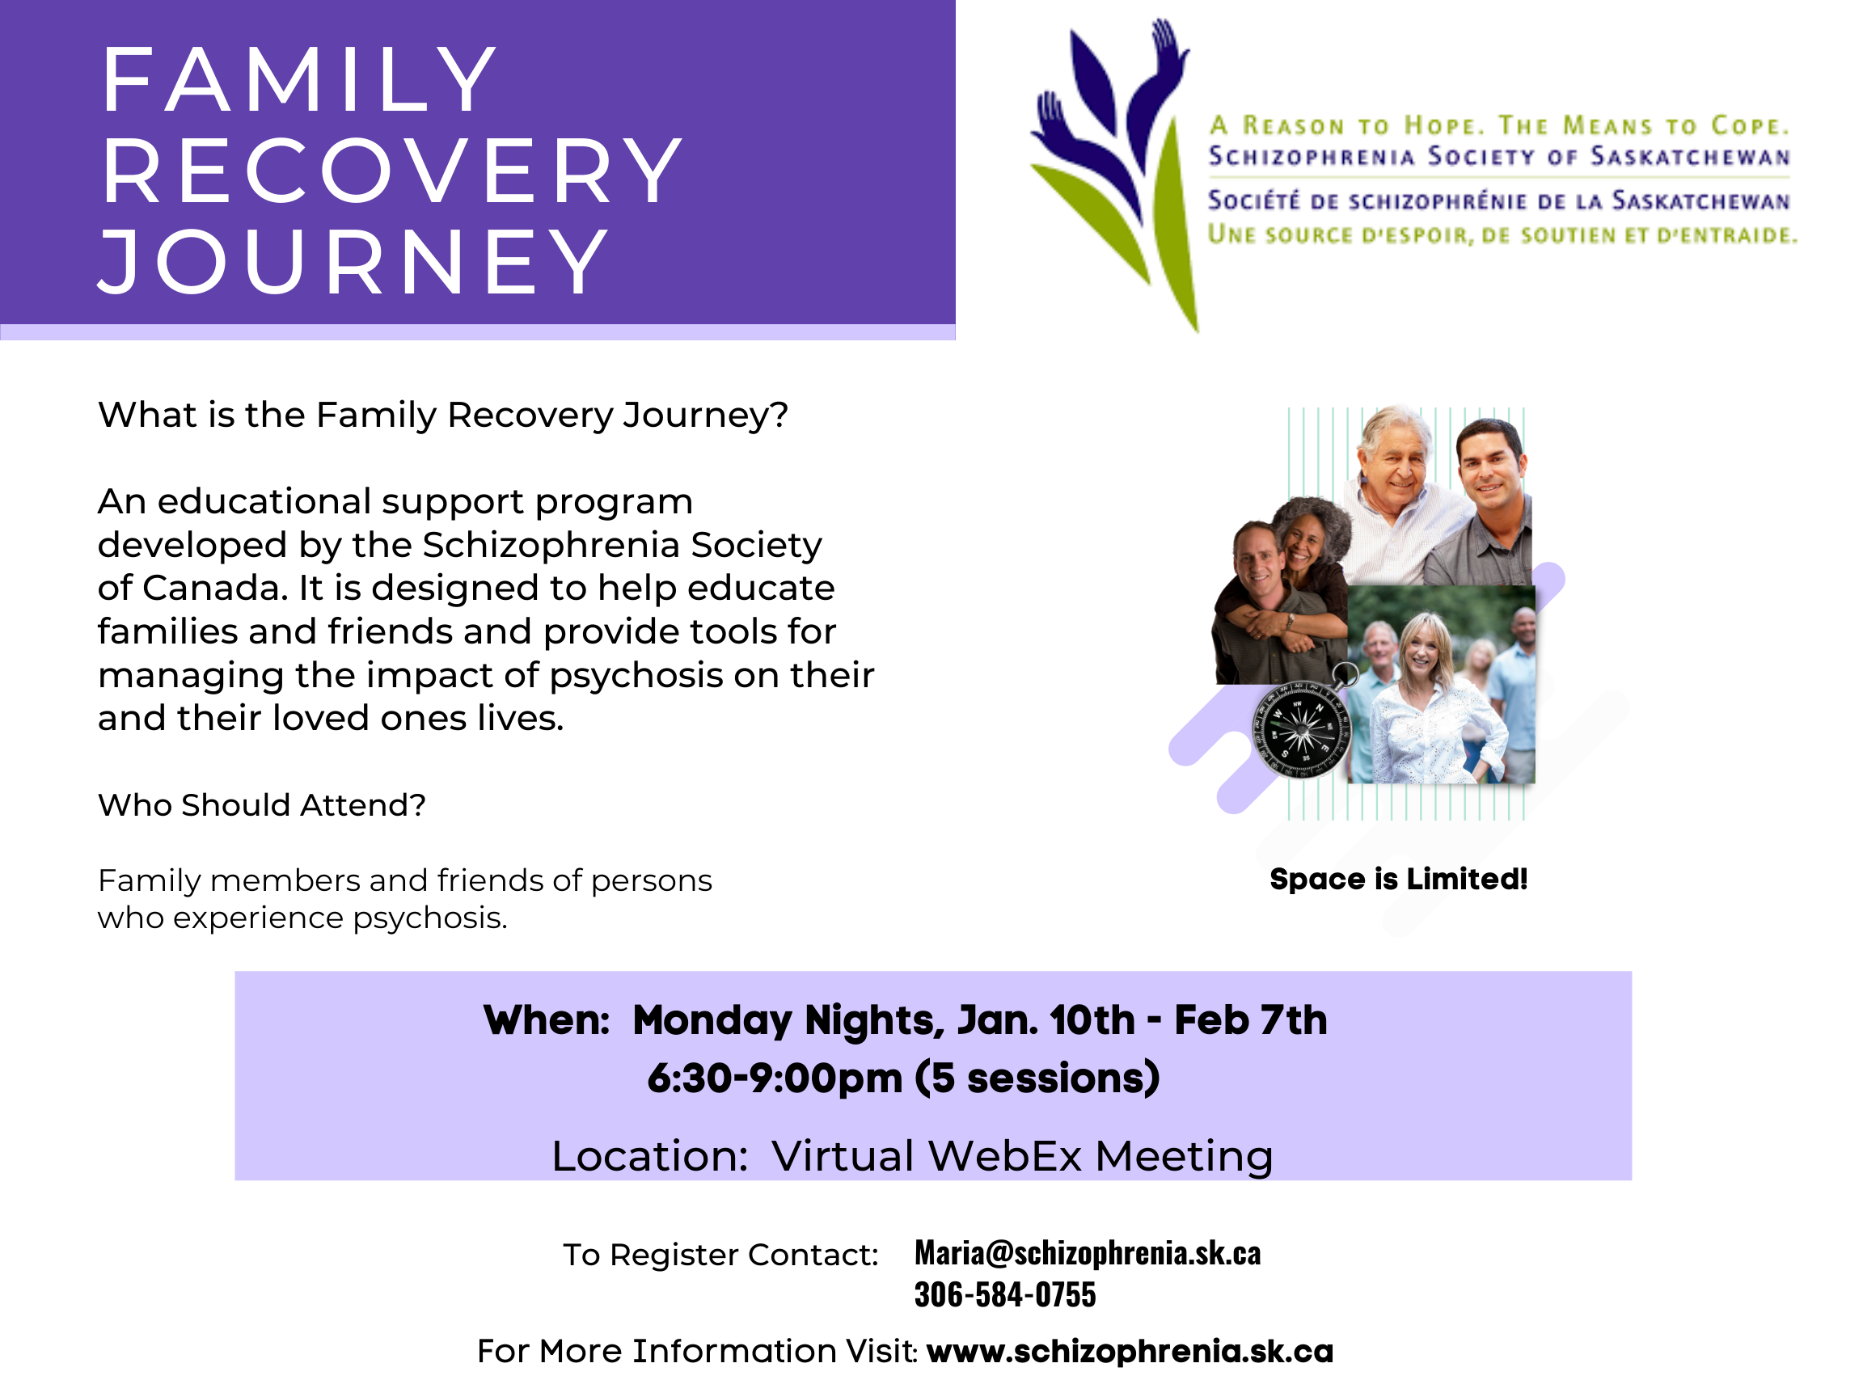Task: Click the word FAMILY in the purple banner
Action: pyautogui.click(x=299, y=80)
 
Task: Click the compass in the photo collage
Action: pyautogui.click(x=1303, y=726)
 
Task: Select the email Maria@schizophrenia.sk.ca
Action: pyautogui.click(x=1088, y=1253)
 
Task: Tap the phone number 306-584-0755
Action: pyautogui.click(x=1005, y=1294)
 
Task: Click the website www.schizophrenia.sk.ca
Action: pyautogui.click(x=1130, y=1351)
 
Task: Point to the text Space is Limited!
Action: pyautogui.click(x=1398, y=879)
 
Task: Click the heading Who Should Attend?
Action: pyautogui.click(x=262, y=805)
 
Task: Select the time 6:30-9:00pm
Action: pyautogui.click(x=775, y=1078)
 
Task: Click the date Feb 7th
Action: pyautogui.click(x=1251, y=1019)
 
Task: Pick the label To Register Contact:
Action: pyautogui.click(x=721, y=1255)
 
